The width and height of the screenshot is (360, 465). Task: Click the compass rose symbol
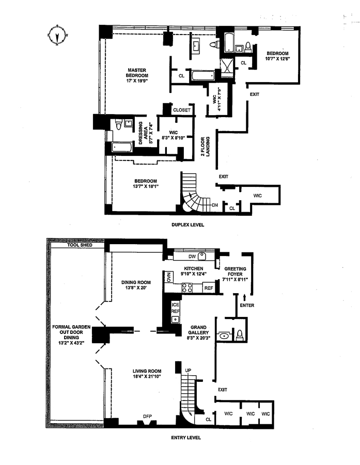pyautogui.click(x=57, y=36)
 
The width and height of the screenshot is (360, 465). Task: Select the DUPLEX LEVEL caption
pyautogui.click(x=188, y=225)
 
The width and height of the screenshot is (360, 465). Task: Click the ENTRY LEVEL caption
pyautogui.click(x=186, y=438)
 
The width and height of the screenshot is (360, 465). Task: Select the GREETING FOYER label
pyautogui.click(x=235, y=271)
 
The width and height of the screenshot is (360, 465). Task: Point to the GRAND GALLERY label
pyautogui.click(x=199, y=330)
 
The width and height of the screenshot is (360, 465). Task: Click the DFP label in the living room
pyautogui.click(x=132, y=416)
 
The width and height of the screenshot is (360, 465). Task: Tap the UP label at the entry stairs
pyautogui.click(x=189, y=370)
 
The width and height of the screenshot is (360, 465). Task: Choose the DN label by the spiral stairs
pyautogui.click(x=215, y=205)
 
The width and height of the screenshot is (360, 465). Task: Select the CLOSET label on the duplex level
pyautogui.click(x=182, y=110)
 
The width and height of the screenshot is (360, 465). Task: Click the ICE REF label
pyautogui.click(x=176, y=308)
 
